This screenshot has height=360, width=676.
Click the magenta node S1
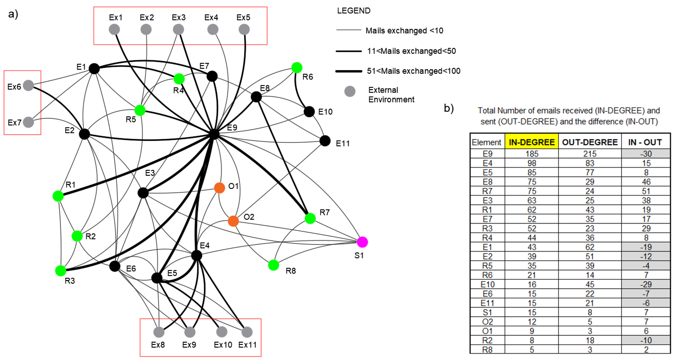tap(362, 242)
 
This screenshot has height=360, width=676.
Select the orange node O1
tap(219, 188)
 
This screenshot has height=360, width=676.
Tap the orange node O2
tap(233, 221)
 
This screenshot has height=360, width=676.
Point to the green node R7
tap(310, 218)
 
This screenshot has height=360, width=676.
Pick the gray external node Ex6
tap(28, 85)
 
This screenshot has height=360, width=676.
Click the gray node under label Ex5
tap(244, 29)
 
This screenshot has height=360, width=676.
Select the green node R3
tap(61, 270)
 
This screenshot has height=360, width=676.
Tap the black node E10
tap(309, 112)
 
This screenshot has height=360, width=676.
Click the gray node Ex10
tap(222, 332)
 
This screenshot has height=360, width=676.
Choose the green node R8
tap(273, 265)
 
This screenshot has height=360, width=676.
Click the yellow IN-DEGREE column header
tap(531, 142)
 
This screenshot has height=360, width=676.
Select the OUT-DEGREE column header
tap(590, 142)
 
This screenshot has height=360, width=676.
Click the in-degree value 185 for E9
tap(532, 154)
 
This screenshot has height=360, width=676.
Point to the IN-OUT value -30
tap(646, 154)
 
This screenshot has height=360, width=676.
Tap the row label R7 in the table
tap(487, 191)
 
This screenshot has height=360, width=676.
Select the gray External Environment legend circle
tap(350, 91)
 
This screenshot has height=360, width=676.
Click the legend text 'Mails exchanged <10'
tap(404, 31)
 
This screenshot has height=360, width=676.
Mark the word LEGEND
tap(353, 11)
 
